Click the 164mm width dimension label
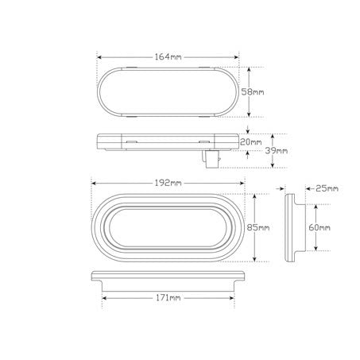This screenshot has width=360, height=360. pyautogui.click(x=168, y=56)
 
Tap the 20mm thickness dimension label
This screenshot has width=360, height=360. pyautogui.click(x=250, y=141)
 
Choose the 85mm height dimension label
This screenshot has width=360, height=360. pyautogui.click(x=258, y=228)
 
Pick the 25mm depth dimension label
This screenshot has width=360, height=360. pyautogui.click(x=327, y=188)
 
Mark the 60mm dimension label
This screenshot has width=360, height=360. pyautogui.click(x=318, y=228)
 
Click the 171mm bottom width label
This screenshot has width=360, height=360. pyautogui.click(x=168, y=298)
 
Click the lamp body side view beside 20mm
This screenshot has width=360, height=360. pyautogui.click(x=168, y=142)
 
